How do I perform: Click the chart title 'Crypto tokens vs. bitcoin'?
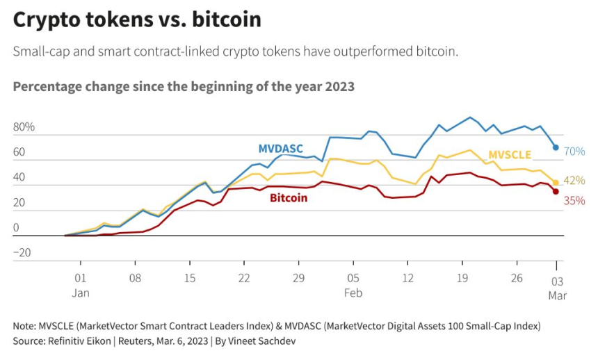click(x=137, y=20)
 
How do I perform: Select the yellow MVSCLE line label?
click(x=510, y=154)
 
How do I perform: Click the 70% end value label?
click(x=574, y=152)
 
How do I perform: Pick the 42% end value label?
click(x=574, y=181)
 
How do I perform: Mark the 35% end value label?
click(x=574, y=201)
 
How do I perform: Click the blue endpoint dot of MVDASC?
click(x=556, y=147)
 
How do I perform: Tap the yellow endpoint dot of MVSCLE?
click(x=556, y=183)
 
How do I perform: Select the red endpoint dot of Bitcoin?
click(x=556, y=192)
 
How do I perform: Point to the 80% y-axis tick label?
click(x=24, y=128)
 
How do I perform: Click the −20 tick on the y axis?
click(x=22, y=253)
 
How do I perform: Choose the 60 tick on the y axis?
click(x=19, y=153)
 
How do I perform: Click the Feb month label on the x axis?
click(x=353, y=293)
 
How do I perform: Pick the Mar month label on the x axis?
click(x=557, y=295)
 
